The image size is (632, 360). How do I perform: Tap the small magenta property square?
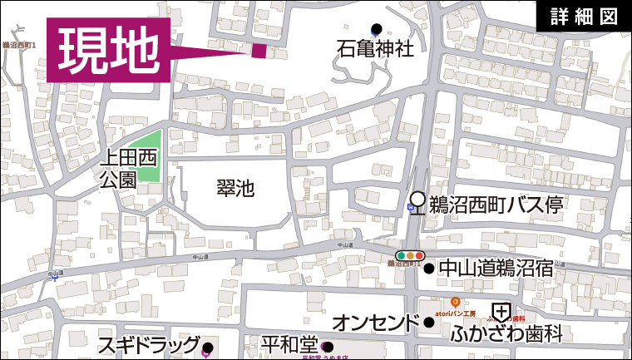[259, 51]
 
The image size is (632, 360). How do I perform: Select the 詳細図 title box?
[584, 17]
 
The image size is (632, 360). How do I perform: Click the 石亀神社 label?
[375, 49]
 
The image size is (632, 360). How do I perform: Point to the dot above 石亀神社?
[376, 28]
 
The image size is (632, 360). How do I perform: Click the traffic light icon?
[411, 254]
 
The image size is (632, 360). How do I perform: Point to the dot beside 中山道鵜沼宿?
[429, 269]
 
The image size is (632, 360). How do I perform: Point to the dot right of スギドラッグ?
[207, 348]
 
